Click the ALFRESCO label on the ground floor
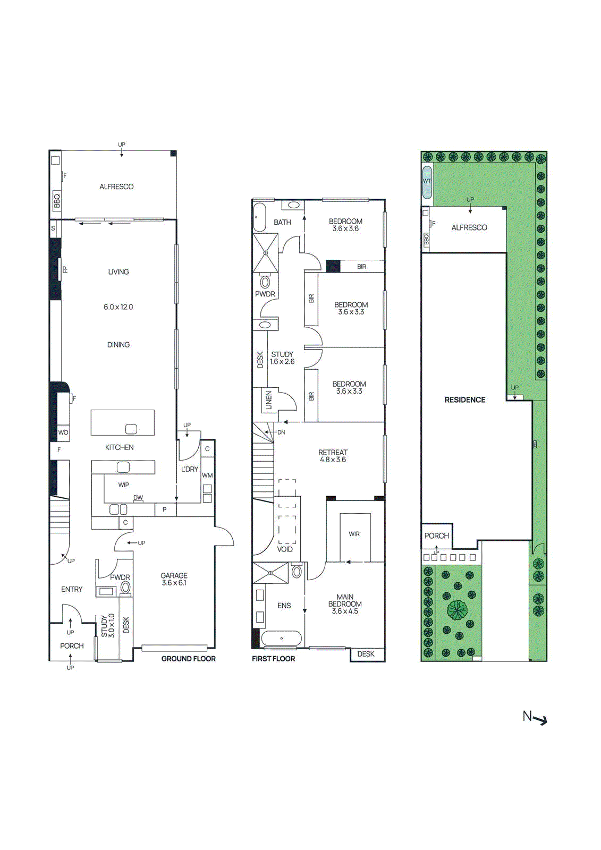point(116,186)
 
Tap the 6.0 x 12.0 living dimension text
point(118,307)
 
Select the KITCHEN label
point(119,447)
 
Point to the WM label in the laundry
point(207,475)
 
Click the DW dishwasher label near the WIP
point(138,498)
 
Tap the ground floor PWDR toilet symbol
point(125,588)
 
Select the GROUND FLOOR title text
point(188,659)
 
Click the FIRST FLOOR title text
point(273,659)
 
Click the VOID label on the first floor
point(285,549)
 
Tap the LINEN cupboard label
point(269,400)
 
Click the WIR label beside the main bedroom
point(354,534)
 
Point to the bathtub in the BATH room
point(259,217)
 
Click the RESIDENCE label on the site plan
point(465,400)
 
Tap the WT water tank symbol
point(427,182)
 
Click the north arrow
point(535,718)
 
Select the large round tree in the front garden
point(456,610)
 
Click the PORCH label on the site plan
point(436,536)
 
